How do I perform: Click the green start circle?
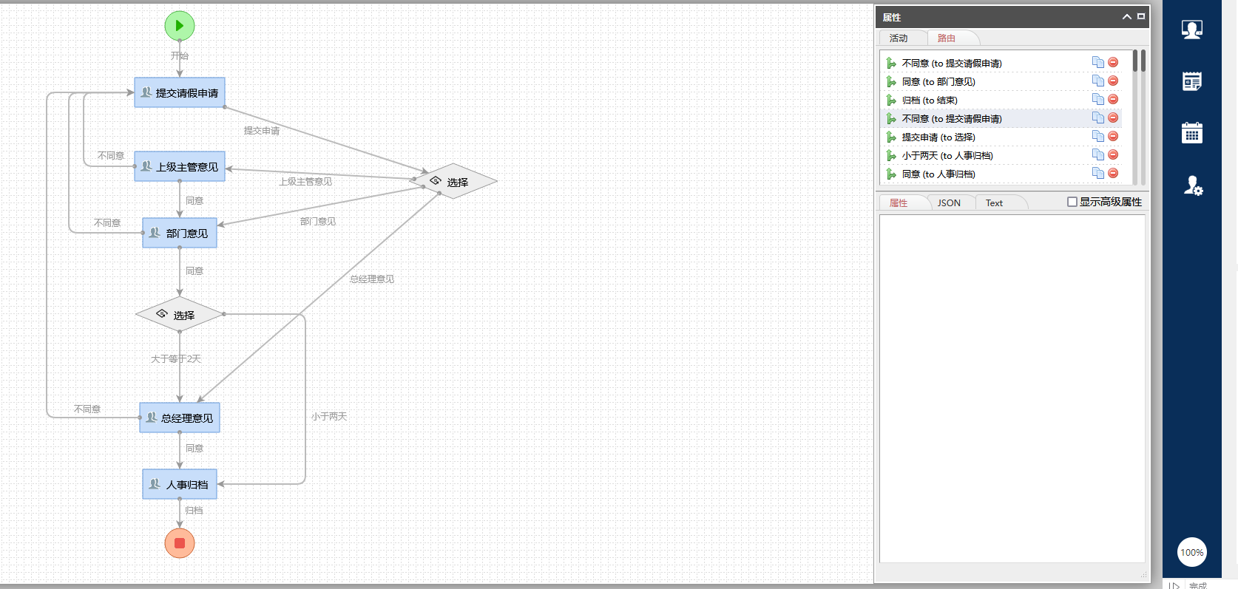pos(180,26)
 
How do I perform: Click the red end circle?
pos(180,543)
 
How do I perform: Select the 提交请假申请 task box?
pos(180,92)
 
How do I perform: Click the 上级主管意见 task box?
pos(180,166)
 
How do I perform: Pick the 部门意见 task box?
pos(180,233)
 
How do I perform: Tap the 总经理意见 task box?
pos(180,418)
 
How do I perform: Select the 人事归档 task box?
pos(180,484)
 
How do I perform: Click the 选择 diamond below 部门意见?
pos(179,315)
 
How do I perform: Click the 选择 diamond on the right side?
pos(454,182)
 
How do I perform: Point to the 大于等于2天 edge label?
pos(176,359)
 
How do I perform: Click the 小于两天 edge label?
pos(329,417)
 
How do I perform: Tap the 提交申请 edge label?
pos(262,131)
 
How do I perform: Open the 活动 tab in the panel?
pos(899,38)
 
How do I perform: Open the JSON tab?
pos(949,203)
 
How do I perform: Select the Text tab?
pos(994,203)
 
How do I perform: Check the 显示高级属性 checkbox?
pos(1072,202)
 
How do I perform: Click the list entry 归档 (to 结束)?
pos(930,101)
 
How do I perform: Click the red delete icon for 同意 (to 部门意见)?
pos(1113,81)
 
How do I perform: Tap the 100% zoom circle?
pos(1191,552)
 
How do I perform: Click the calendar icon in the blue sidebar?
pos(1191,133)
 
